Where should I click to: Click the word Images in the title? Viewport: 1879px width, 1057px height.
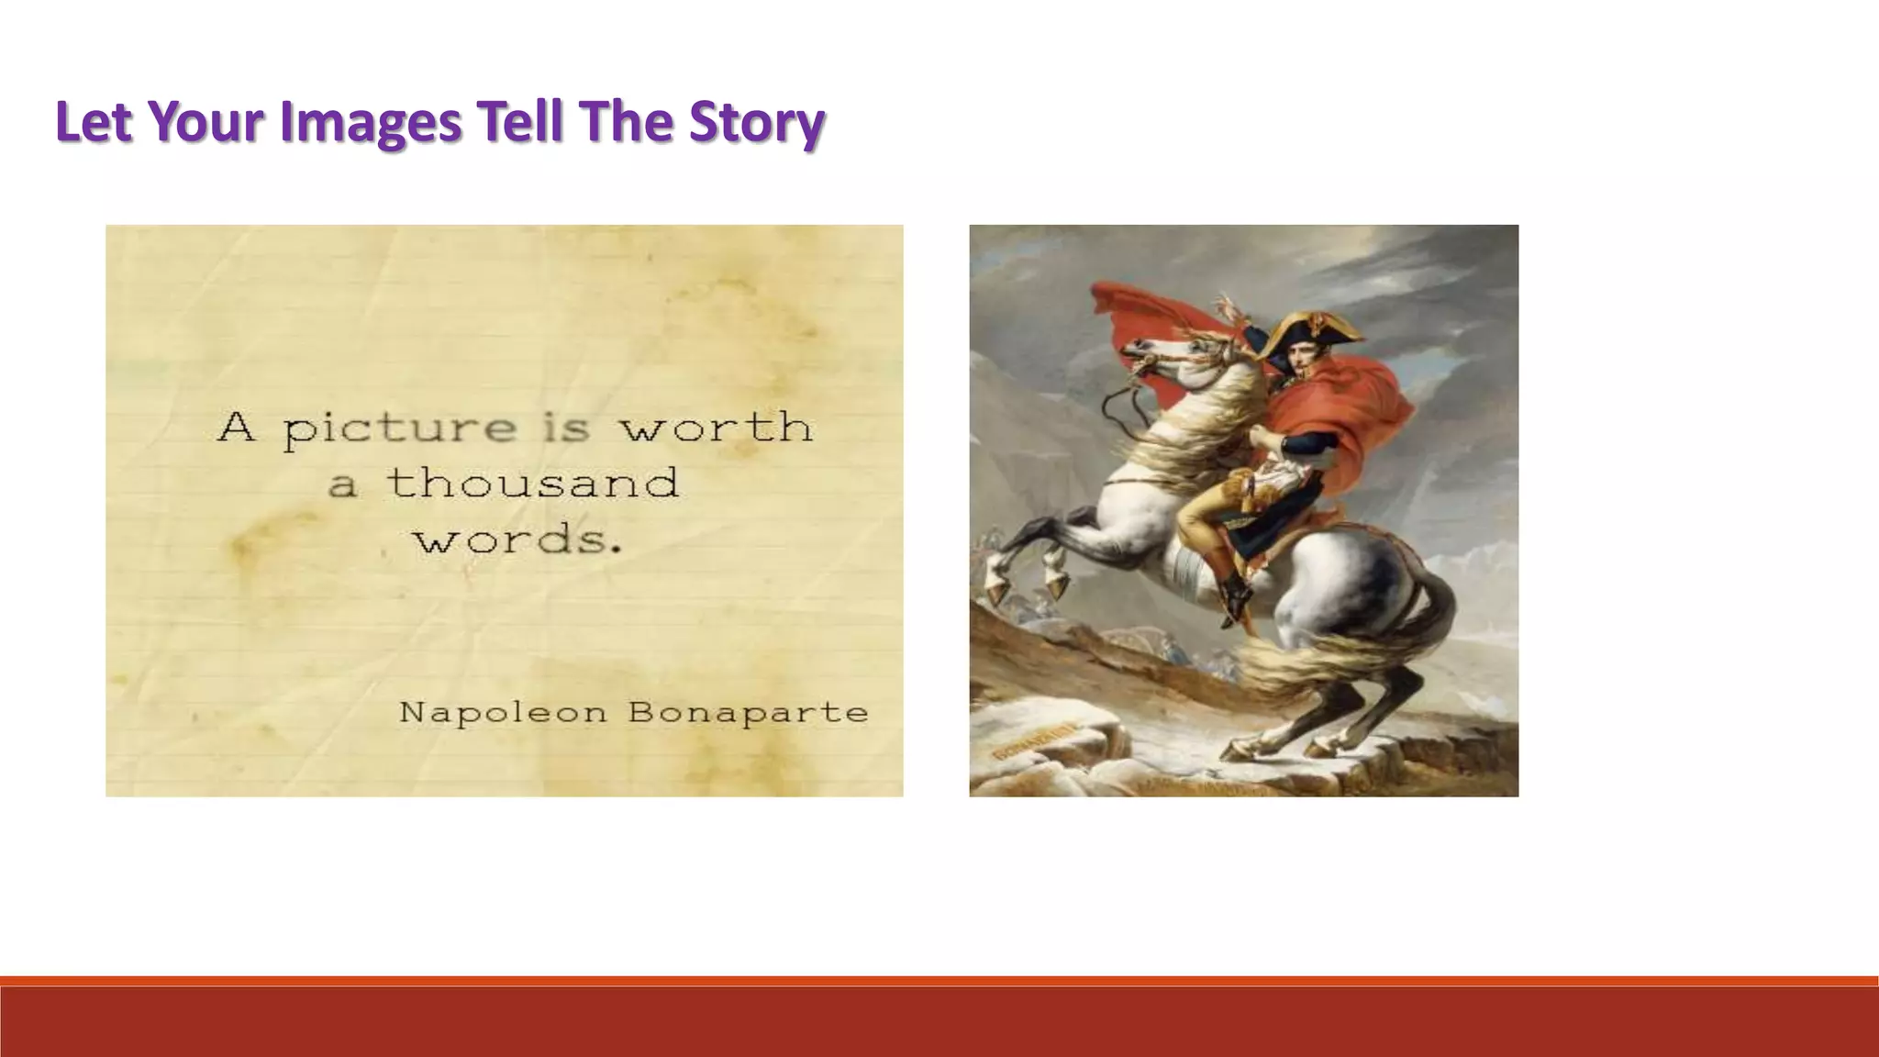tap(370, 122)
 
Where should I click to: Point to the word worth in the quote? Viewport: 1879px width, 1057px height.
tap(716, 428)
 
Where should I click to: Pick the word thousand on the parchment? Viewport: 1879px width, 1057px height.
tap(532, 484)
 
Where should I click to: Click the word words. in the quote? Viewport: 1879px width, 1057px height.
tap(518, 540)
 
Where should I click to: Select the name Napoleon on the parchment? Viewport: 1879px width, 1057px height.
tap(503, 712)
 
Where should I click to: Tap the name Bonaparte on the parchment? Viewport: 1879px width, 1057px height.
tap(748, 712)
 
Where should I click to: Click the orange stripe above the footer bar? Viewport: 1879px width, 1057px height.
tap(939, 981)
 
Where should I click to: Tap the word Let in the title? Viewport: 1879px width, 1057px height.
tap(94, 122)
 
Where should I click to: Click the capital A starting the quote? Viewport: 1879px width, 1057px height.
tap(236, 428)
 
